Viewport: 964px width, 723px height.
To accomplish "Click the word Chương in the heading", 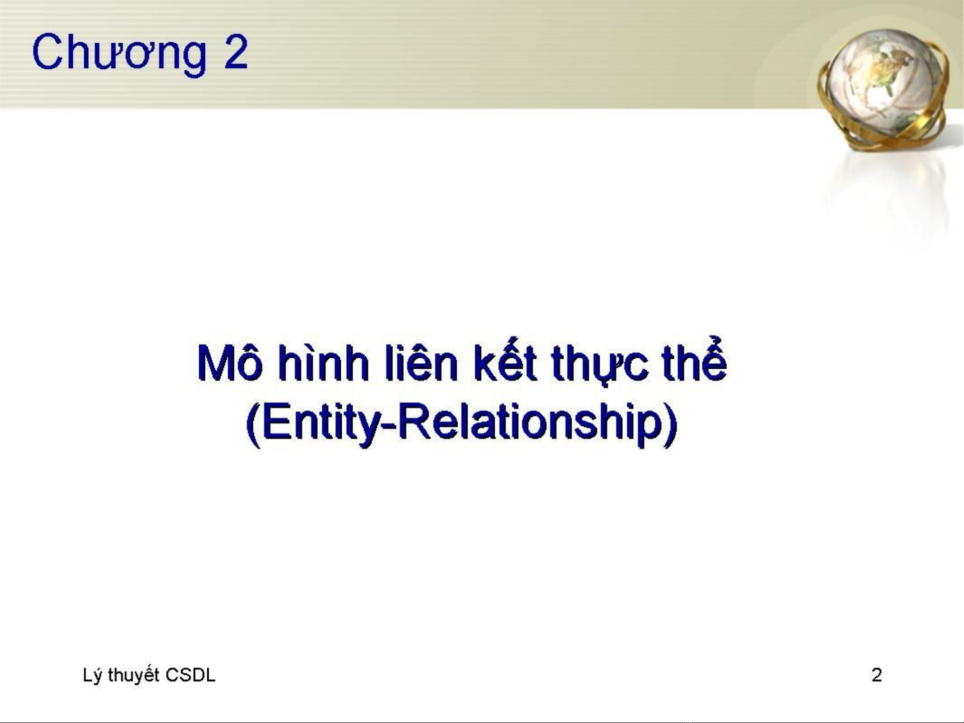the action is pos(119,53).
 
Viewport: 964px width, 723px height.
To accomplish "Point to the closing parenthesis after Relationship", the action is pos(669,424).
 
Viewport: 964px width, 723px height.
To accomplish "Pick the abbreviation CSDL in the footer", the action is pos(190,675).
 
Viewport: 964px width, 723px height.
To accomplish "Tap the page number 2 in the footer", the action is pos(877,675).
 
